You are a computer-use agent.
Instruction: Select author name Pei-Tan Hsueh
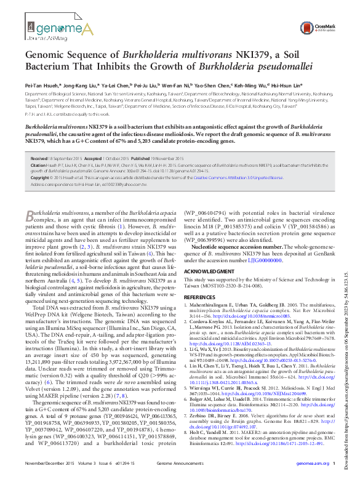pos(42,87)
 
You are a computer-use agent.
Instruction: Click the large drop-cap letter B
pos(30,215)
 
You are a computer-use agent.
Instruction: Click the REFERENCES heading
pos(200,297)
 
